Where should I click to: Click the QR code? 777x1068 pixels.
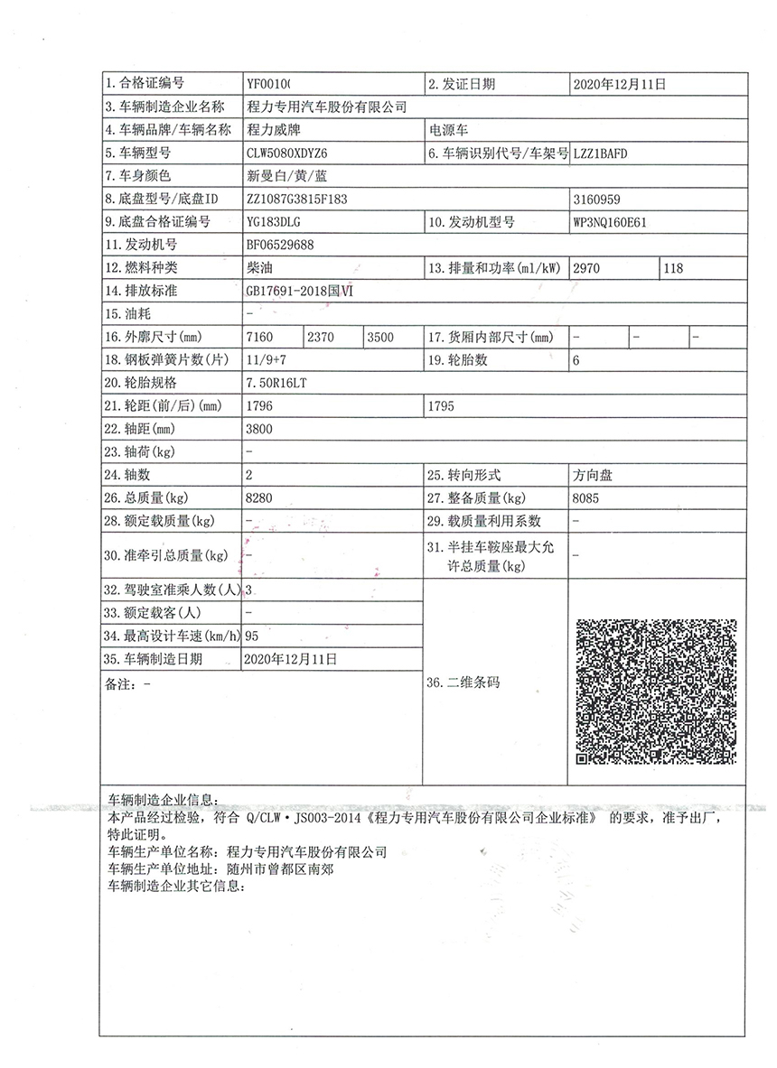657,690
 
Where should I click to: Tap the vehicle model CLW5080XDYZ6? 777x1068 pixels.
286,153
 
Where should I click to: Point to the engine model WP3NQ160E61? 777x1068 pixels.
611,221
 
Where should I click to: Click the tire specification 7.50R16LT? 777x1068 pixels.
276,383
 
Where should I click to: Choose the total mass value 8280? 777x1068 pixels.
258,497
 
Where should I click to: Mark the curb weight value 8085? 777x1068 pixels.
585,497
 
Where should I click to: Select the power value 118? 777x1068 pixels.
673,267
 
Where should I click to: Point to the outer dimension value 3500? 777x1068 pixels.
380,337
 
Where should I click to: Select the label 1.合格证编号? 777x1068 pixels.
145,84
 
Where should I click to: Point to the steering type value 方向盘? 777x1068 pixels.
592,475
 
